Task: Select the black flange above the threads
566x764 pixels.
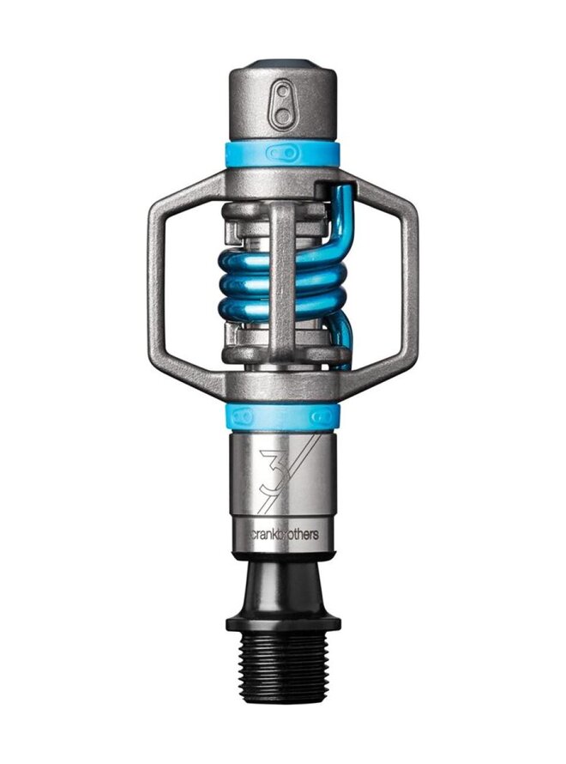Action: pyautogui.click(x=283, y=623)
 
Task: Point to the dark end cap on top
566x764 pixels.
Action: pyautogui.click(x=282, y=64)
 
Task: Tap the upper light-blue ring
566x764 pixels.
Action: pyautogui.click(x=283, y=155)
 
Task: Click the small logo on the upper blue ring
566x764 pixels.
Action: pyautogui.click(x=282, y=153)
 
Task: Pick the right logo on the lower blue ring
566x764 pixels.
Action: pyautogui.click(x=323, y=417)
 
